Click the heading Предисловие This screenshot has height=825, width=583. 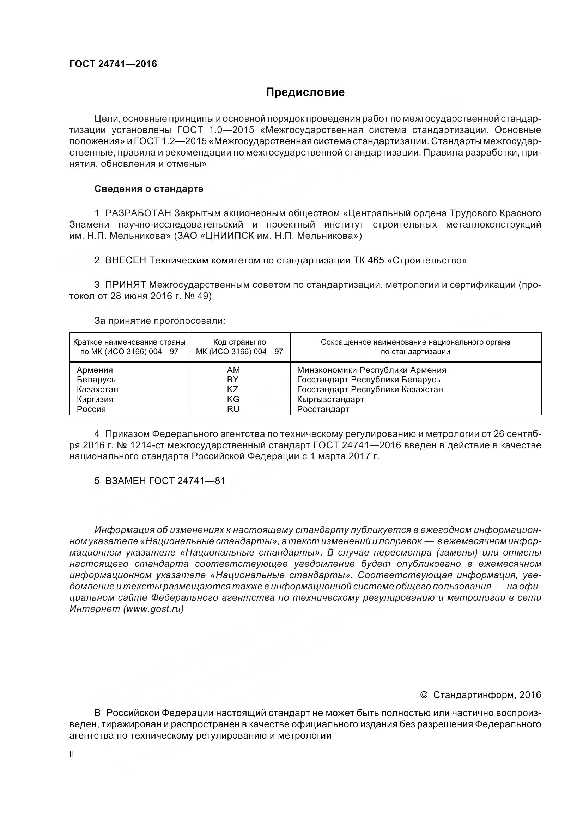click(305, 92)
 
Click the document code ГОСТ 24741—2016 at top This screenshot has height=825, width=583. click(113, 64)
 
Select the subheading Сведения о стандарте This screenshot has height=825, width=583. click(149, 189)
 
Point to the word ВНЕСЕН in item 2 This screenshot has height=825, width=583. click(125, 260)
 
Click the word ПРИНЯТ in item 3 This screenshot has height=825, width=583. click(125, 285)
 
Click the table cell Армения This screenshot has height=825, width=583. click(95, 370)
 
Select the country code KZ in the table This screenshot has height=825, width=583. click(233, 389)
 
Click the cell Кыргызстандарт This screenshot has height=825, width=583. click(330, 399)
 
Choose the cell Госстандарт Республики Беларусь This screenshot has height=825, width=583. click(369, 380)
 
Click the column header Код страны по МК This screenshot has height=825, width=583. click(239, 346)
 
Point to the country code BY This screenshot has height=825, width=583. click(233, 380)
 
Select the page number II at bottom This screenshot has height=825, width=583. click(72, 754)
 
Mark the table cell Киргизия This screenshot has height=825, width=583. click(95, 399)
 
